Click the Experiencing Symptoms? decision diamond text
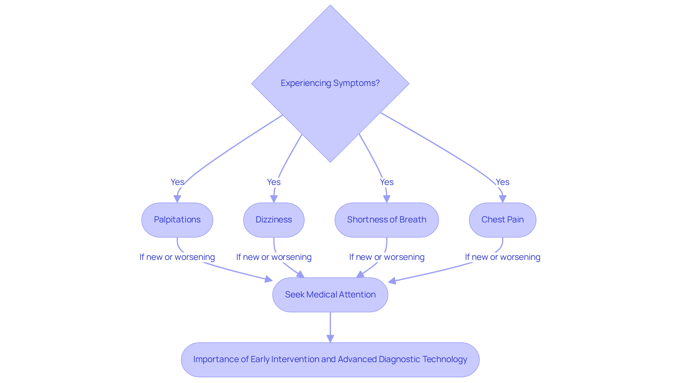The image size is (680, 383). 330,83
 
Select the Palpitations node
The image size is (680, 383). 177,220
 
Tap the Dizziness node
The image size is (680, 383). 274,220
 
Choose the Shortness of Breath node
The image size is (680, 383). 386,220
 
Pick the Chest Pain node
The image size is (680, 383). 502,220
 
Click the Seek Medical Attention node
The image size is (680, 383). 330,295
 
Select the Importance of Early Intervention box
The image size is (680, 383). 330,359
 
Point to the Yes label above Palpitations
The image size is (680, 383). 177,182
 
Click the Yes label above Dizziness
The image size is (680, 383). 274,182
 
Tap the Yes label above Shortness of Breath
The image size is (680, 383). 386,182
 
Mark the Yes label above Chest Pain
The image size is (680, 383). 502,182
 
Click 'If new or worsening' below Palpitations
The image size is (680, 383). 177,257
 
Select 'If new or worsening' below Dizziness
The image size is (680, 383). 274,257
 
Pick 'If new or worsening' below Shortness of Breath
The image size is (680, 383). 386,257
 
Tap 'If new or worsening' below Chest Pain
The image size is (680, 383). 502,257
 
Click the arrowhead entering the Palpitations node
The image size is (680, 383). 177,199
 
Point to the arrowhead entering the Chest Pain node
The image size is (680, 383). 502,199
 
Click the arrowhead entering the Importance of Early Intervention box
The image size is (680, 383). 330,339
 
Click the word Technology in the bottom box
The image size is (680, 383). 447,359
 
